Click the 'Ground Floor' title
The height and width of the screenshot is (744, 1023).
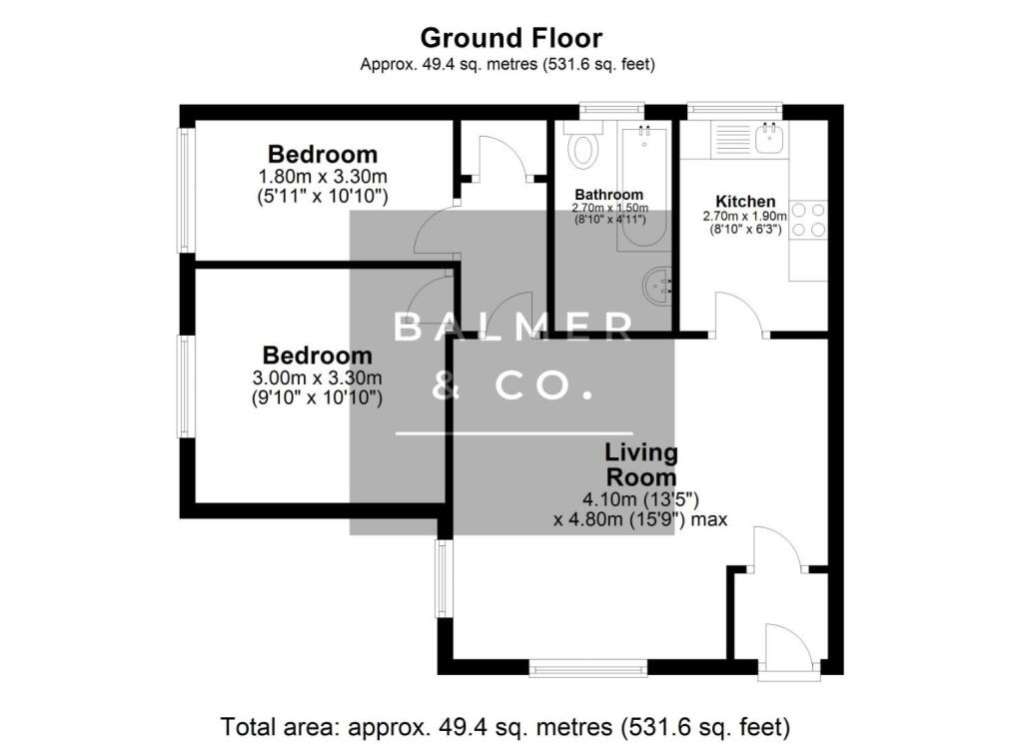(x=511, y=38)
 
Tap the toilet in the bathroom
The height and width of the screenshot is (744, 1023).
(x=582, y=149)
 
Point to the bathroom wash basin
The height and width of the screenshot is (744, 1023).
(x=657, y=287)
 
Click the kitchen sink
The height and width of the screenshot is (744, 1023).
(x=769, y=138)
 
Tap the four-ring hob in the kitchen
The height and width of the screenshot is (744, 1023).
(x=809, y=220)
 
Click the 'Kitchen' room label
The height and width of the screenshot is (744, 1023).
(x=746, y=201)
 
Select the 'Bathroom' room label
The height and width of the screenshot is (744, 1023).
(x=608, y=194)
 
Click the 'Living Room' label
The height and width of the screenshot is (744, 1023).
(x=640, y=465)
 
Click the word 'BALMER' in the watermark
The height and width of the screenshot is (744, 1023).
(x=512, y=327)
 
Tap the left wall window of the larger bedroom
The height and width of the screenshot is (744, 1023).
(x=185, y=385)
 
